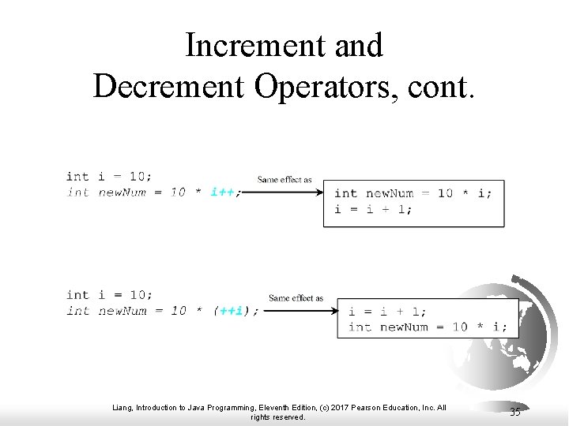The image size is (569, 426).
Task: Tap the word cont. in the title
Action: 443,86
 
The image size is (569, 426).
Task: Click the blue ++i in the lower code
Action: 231,311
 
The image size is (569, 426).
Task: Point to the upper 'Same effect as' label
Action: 284,180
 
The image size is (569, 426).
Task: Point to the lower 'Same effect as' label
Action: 296,298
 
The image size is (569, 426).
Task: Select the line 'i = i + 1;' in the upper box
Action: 373,209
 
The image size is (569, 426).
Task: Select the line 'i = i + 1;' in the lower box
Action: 387,312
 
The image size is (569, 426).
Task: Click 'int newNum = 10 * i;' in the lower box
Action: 428,327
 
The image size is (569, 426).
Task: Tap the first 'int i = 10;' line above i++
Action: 110,177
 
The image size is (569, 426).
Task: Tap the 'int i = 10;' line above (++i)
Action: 110,295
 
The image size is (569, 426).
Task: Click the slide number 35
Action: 515,412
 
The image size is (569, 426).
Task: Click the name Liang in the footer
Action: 123,408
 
